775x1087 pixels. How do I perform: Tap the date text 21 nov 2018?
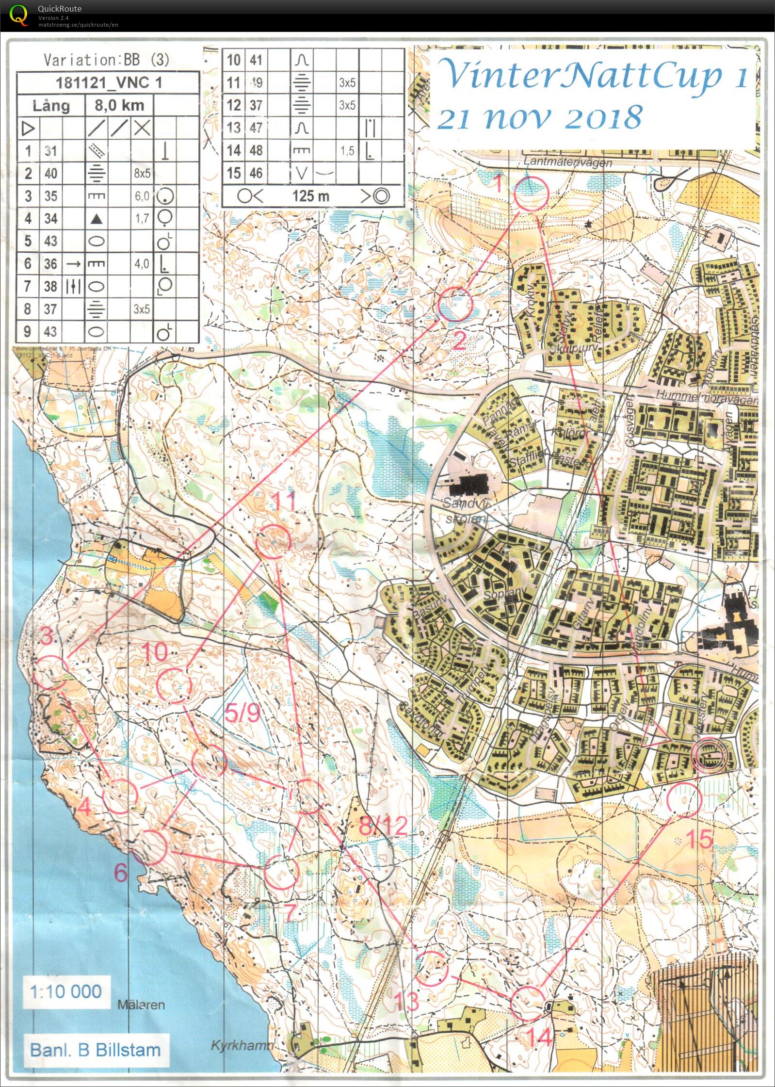click(539, 118)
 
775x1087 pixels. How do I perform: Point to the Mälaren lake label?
click(141, 1005)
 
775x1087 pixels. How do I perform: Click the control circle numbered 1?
click(532, 193)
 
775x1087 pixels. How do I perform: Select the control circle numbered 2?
click(455, 304)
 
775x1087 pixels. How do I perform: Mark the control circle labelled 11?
click(274, 541)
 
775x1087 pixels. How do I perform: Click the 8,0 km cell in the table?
click(119, 105)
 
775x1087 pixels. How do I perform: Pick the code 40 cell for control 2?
click(50, 173)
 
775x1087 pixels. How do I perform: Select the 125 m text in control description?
click(310, 196)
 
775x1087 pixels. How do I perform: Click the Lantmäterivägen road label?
click(568, 162)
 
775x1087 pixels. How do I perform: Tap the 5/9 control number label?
click(242, 713)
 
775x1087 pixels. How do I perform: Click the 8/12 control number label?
click(383, 825)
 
